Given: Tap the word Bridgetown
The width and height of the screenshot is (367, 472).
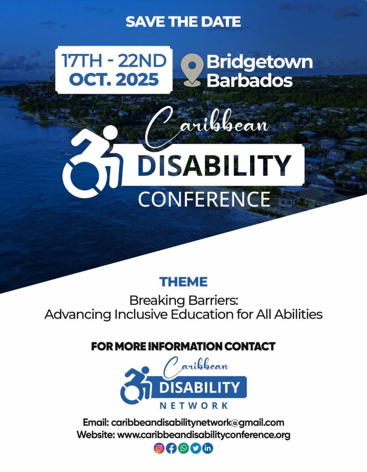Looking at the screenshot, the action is [260, 63].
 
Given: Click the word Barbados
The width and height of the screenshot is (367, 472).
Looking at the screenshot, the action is [249, 80].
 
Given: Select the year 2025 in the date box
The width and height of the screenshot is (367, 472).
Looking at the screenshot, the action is [137, 79].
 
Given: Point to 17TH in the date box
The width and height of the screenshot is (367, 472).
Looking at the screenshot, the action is [82, 61].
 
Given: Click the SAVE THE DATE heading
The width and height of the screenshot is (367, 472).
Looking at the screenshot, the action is [183, 22].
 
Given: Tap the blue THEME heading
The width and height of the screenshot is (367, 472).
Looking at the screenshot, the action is [183, 282].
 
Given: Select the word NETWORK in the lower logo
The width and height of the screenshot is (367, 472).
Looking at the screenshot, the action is [194, 406].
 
